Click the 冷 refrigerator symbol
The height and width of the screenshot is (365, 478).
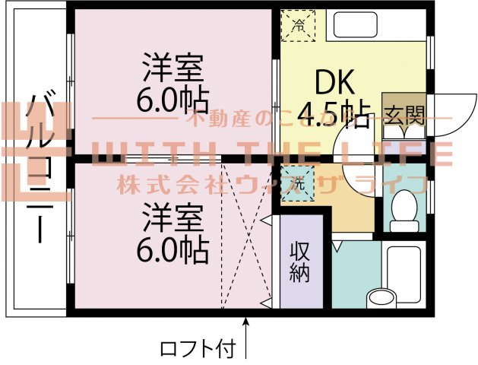(x=299, y=25)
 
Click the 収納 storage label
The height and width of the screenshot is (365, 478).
(x=301, y=263)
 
